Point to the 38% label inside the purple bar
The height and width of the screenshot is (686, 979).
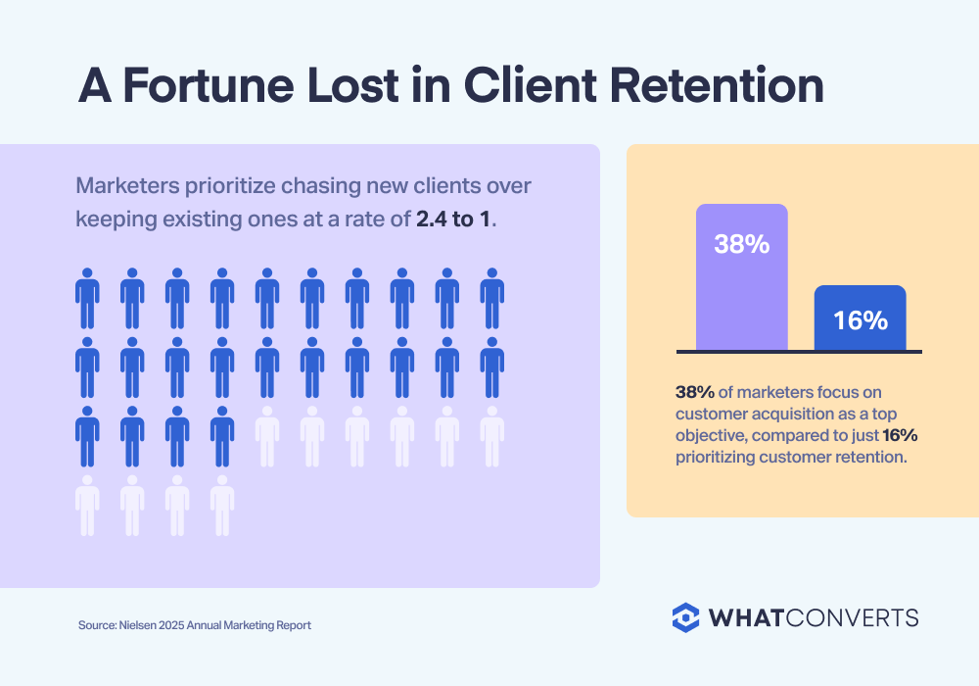click(741, 244)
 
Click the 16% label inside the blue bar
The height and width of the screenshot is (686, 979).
click(860, 319)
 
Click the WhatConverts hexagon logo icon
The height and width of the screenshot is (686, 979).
click(686, 617)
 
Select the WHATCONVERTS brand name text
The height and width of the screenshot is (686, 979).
click(814, 617)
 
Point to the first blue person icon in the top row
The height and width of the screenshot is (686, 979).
click(87, 298)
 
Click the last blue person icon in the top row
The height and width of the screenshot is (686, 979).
click(492, 298)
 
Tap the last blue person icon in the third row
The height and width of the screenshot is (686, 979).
click(222, 435)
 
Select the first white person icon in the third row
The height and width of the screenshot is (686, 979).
click(267, 435)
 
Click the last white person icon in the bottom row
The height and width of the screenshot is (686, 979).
click(222, 505)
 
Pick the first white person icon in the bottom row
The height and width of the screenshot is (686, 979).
click(87, 505)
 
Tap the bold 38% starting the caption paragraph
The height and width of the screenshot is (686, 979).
click(694, 391)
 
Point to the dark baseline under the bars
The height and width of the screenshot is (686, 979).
click(799, 351)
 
